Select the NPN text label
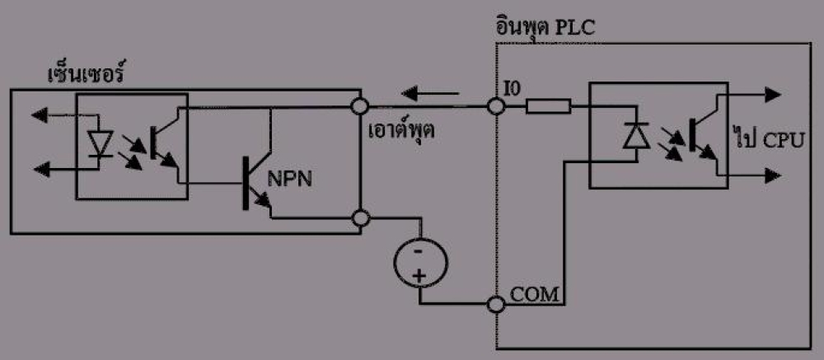click(x=290, y=180)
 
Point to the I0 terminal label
click(x=512, y=90)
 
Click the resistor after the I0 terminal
click(x=549, y=107)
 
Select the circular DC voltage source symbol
click(x=420, y=262)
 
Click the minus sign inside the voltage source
click(x=419, y=251)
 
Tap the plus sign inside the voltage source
click(x=419, y=275)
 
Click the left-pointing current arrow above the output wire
click(x=430, y=94)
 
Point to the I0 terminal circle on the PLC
click(x=495, y=107)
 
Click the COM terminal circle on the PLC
click(x=495, y=304)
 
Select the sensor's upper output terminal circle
click(x=359, y=107)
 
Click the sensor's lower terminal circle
click(x=359, y=217)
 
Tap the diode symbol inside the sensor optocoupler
click(x=100, y=142)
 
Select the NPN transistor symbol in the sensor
click(x=257, y=184)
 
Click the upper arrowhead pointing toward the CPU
click(x=773, y=95)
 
